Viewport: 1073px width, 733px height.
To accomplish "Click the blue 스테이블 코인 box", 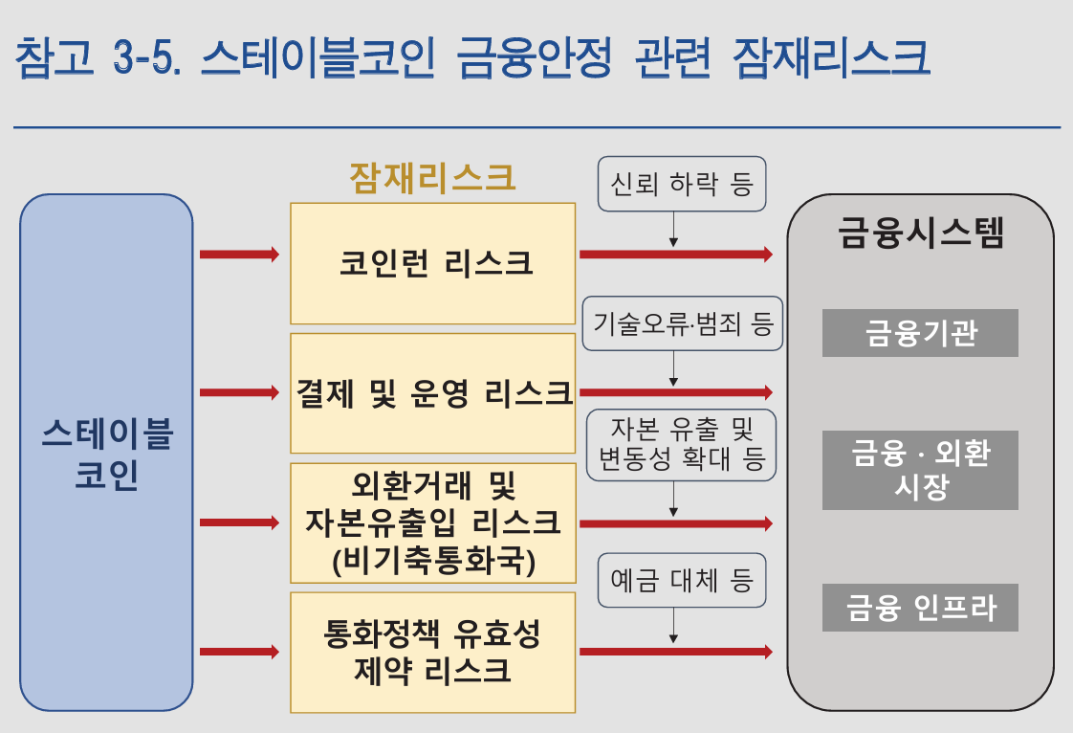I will coord(106,453).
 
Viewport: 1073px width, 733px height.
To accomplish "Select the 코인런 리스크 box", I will coord(433,263).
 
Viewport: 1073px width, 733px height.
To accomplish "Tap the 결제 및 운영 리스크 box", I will coord(433,392).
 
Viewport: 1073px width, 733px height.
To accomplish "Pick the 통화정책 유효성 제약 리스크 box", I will coord(433,652).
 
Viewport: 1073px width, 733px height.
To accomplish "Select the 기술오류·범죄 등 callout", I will coord(682,323).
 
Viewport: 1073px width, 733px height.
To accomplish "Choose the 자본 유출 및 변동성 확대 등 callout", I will coord(682,444).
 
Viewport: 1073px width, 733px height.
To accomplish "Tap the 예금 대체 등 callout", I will coord(682,580).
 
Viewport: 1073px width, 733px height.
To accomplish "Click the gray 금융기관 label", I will coord(920,333).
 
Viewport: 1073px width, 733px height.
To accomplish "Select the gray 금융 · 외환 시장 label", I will coord(920,470).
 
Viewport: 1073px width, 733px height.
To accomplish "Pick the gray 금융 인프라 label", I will coord(920,608).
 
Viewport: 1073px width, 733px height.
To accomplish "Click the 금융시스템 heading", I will coord(921,233).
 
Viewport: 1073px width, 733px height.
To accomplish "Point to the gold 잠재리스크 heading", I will coord(432,178).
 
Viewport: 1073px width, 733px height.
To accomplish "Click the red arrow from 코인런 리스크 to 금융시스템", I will coord(675,255).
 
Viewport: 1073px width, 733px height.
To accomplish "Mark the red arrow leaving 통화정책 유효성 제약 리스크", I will coord(675,652).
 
